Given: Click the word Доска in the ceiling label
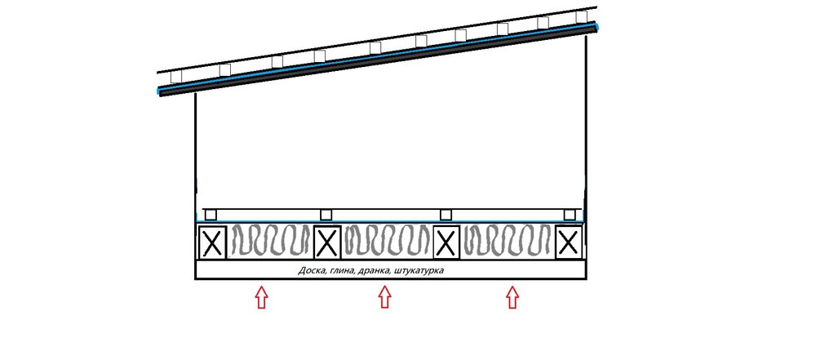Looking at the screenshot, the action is pyautogui.click(x=311, y=271).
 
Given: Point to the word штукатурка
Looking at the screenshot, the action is pyautogui.click(x=419, y=271).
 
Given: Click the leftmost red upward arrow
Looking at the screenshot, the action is pyautogui.click(x=261, y=297).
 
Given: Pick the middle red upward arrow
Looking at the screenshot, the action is pyautogui.click(x=384, y=297).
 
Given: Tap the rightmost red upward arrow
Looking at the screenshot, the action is pyautogui.click(x=512, y=297).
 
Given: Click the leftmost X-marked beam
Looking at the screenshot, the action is pyautogui.click(x=212, y=242).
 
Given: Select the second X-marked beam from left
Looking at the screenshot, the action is pyautogui.click(x=327, y=242).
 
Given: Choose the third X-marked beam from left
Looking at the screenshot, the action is pyautogui.click(x=446, y=242).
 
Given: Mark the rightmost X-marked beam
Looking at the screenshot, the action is pyautogui.click(x=568, y=242).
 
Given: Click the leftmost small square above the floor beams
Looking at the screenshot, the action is pyautogui.click(x=211, y=215).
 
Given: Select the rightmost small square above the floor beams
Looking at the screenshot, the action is pyautogui.click(x=570, y=215).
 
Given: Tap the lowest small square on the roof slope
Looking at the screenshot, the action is pyautogui.click(x=176, y=77).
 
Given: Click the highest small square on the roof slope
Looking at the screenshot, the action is pyautogui.click(x=581, y=16).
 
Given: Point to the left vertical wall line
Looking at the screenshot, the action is pyautogui.click(x=196, y=156).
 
